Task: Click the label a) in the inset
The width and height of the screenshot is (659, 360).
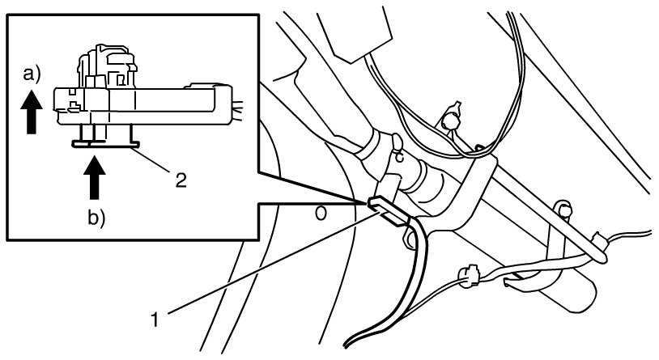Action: click(x=32, y=74)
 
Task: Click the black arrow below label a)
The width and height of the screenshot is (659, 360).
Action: click(x=32, y=112)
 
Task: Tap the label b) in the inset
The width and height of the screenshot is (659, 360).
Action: click(x=96, y=218)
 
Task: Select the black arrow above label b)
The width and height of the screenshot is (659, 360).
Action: click(x=95, y=177)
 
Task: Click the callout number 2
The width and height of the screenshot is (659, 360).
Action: click(x=181, y=180)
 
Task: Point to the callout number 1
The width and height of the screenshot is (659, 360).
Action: click(x=155, y=320)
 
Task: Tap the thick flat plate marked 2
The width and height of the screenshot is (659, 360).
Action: click(x=105, y=145)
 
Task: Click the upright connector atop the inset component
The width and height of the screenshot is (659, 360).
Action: click(x=107, y=66)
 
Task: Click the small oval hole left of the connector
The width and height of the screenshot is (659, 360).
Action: click(x=321, y=214)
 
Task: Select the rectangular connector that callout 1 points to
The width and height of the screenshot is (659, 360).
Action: click(x=387, y=210)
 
